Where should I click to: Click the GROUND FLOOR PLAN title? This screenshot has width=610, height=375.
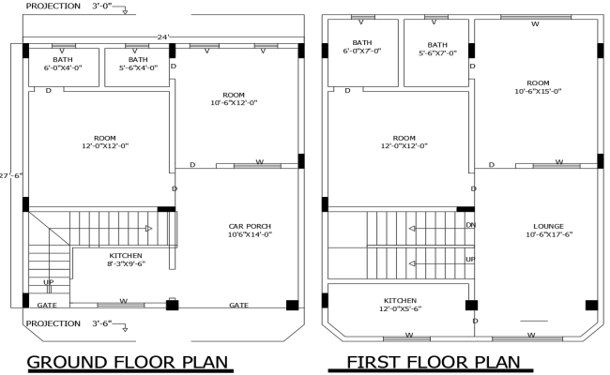129,362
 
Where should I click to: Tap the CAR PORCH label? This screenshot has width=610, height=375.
250,230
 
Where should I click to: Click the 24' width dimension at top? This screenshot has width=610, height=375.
162,37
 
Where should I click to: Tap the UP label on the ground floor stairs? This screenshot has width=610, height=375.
48,281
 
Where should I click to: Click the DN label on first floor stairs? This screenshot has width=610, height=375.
470,225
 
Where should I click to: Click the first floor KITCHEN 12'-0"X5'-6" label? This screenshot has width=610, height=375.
400,305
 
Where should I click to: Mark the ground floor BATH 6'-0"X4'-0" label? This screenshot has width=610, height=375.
62,64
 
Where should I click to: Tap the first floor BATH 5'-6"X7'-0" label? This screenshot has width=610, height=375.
437,49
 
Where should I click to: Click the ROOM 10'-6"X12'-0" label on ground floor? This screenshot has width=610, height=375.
234,98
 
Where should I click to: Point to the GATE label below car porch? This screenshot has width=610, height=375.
239,305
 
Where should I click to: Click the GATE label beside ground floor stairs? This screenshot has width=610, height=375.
47,305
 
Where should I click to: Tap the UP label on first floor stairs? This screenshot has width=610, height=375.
470,259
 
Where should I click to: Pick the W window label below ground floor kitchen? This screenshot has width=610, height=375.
123,301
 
